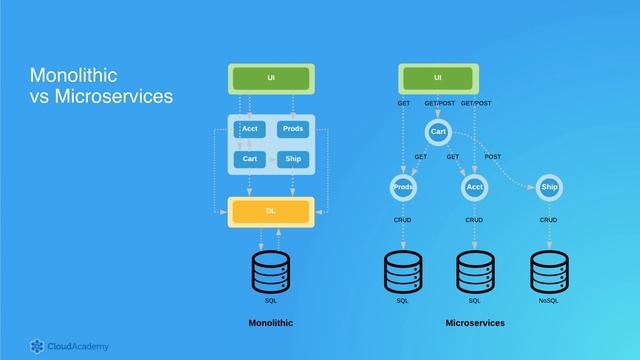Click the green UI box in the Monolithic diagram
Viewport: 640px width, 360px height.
[x=271, y=78]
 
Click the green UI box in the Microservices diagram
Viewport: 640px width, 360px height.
[x=438, y=78]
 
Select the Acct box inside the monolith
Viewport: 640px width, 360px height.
[x=250, y=129]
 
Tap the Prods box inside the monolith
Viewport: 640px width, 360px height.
[x=293, y=129]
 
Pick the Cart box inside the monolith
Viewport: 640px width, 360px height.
[x=250, y=159]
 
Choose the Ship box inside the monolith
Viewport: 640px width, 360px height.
[x=293, y=159]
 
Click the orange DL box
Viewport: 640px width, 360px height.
[x=271, y=211]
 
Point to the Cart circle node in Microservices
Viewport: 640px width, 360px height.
[x=438, y=132]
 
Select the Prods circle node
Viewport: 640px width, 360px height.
[x=403, y=187]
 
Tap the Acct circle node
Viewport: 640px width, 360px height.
[x=474, y=187]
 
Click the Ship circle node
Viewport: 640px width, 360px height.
[x=549, y=187]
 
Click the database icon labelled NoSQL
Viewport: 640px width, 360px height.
[x=548, y=270]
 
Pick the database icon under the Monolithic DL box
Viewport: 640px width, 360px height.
[x=271, y=270]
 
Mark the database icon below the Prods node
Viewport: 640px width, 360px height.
[x=403, y=270]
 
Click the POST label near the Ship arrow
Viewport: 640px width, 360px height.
[x=493, y=157]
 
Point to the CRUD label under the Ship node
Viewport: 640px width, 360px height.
[x=548, y=219]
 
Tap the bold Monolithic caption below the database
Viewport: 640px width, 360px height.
[x=271, y=323]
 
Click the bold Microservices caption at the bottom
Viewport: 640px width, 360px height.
[x=475, y=323]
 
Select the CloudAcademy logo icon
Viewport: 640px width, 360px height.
[x=38, y=346]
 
